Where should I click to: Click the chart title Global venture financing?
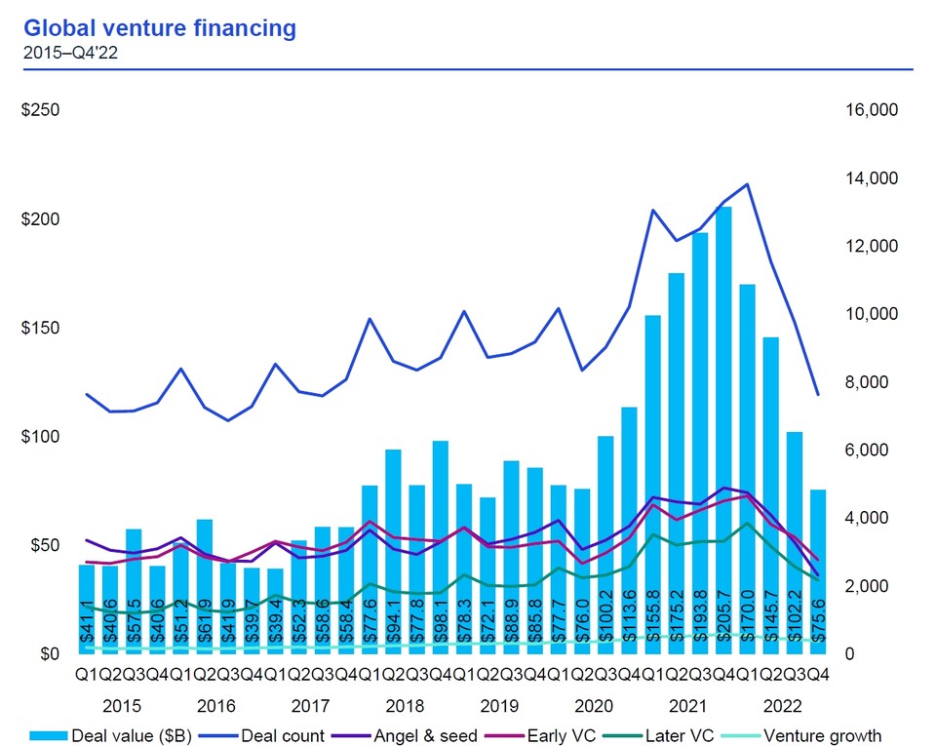click(160, 28)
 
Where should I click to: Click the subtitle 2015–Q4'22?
click(69, 53)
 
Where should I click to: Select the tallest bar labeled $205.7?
click(723, 429)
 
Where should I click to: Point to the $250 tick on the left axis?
click(40, 110)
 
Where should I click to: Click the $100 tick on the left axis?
click(40, 436)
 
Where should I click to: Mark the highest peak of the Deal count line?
click(748, 184)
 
